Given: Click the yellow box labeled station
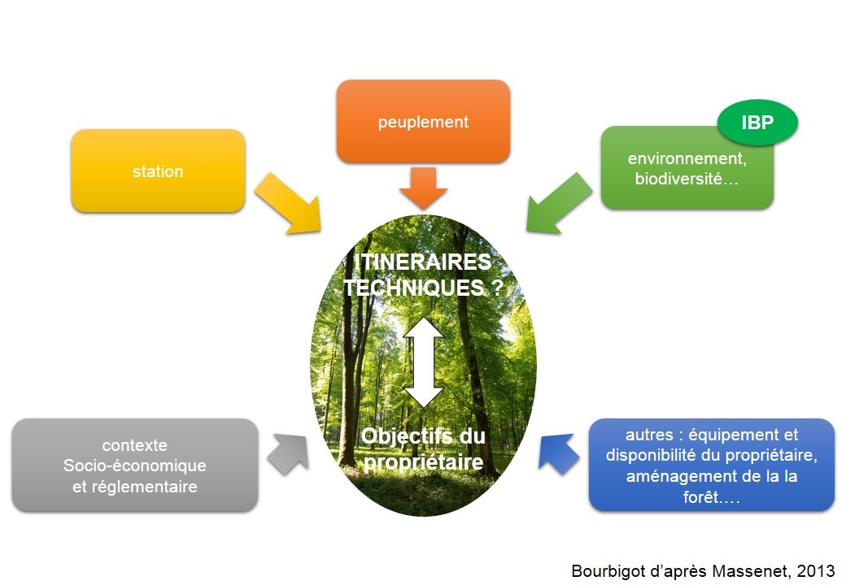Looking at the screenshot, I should (158, 171).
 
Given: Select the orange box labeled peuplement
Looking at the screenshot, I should (423, 122).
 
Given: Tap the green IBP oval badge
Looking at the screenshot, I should (757, 123).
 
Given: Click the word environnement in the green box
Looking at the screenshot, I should (687, 159).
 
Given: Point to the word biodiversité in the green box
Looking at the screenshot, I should (678, 180).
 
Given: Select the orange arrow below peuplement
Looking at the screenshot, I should (423, 188).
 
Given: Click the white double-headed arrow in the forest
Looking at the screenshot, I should (424, 362).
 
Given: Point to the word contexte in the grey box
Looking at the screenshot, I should (135, 445).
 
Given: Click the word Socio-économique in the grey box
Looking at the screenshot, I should (135, 466).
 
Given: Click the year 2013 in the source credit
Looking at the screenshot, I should (816, 570).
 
